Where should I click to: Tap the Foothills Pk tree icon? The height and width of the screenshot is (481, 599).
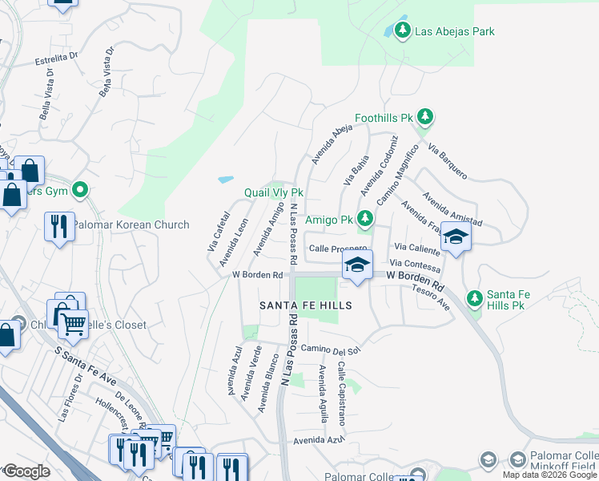coord(425,118)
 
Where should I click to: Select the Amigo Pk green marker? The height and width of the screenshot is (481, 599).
coord(365,218)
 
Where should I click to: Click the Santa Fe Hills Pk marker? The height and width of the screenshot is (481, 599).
coord(475,298)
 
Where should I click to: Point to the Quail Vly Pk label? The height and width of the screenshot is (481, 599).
coord(274,193)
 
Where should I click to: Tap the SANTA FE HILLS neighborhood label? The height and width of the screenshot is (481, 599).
coord(305,305)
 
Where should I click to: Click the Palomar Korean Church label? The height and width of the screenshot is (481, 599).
coord(131,225)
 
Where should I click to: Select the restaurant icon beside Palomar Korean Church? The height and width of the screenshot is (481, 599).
coord(58,227)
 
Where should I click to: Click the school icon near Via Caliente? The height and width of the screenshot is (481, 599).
coord(456,237)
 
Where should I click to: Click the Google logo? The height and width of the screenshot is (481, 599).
coord(26,472)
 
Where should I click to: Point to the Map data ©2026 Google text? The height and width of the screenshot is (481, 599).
coord(549,475)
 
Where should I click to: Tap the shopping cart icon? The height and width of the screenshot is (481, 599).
coord(74,323)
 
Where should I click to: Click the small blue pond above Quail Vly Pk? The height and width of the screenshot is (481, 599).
coord(226,179)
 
